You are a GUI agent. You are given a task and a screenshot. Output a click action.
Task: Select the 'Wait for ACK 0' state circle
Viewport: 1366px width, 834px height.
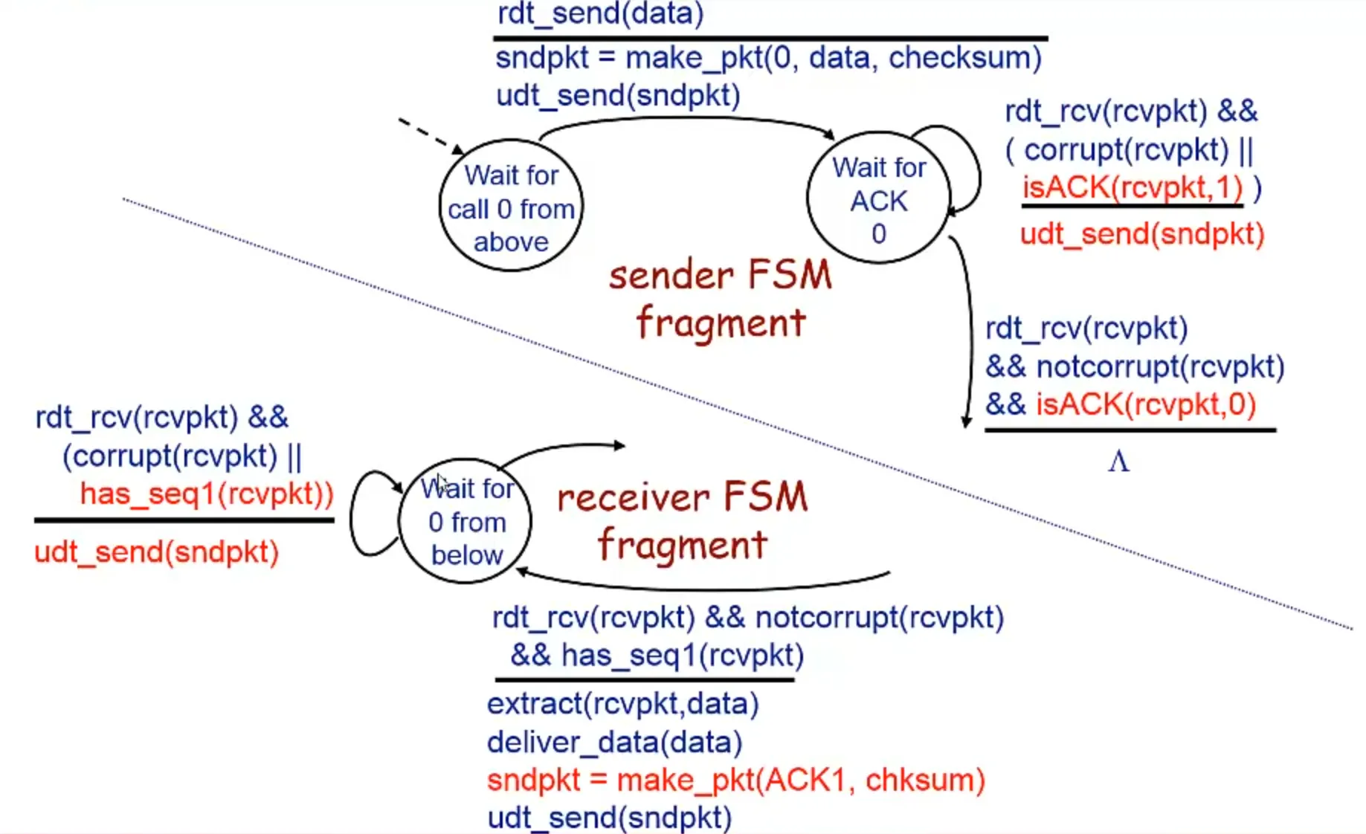pyautogui.click(x=878, y=198)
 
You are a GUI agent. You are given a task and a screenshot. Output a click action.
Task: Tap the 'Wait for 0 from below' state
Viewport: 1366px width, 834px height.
pyautogui.click(x=465, y=521)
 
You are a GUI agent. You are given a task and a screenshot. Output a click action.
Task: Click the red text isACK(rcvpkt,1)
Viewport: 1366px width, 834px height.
pyautogui.click(x=1132, y=187)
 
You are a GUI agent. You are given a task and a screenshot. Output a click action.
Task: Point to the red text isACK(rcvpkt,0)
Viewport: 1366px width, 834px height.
pyautogui.click(x=1145, y=404)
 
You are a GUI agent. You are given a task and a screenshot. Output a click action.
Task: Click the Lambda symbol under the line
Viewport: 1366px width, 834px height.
pyautogui.click(x=1118, y=462)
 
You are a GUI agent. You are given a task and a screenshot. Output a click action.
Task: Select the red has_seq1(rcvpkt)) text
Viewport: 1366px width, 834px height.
pyautogui.click(x=207, y=494)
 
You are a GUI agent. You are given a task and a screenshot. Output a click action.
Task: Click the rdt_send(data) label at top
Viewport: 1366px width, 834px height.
pyautogui.click(x=600, y=13)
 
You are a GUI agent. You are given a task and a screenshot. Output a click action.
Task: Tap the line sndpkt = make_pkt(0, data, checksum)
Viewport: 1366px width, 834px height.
pyautogui.click(x=768, y=58)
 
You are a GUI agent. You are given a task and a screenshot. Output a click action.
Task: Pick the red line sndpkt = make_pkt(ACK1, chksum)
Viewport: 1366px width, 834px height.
pyautogui.click(x=735, y=780)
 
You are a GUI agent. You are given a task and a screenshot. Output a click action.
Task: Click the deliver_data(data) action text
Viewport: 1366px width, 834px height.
pyautogui.click(x=614, y=742)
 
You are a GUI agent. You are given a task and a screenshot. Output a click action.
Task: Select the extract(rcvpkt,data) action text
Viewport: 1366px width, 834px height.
pyautogui.click(x=622, y=703)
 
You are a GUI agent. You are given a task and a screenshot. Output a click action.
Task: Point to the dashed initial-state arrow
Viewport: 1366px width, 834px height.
pyautogui.click(x=428, y=135)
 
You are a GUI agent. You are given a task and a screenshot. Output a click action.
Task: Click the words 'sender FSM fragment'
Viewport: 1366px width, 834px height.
pyautogui.click(x=720, y=299)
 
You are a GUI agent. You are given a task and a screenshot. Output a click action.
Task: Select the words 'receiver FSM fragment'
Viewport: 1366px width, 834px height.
pyautogui.click(x=682, y=520)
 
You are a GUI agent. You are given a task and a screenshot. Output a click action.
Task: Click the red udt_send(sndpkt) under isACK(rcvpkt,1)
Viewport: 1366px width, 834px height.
pyautogui.click(x=1141, y=234)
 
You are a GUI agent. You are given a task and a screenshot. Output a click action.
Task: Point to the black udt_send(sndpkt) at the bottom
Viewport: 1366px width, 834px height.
pyautogui.click(x=609, y=818)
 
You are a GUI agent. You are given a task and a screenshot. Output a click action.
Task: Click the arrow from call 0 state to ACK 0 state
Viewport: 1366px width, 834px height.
pyautogui.click(x=684, y=121)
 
